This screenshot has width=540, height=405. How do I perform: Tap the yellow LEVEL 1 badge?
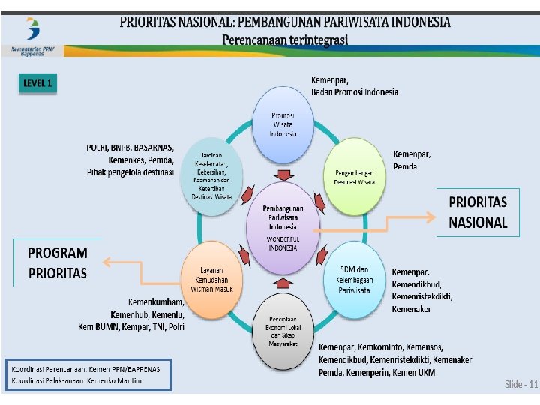point(37,83)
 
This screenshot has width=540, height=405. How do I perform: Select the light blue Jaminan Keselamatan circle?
point(213,175)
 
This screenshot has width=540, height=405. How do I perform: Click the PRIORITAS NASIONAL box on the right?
point(478,212)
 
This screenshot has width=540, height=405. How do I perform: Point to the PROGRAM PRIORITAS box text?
point(58,262)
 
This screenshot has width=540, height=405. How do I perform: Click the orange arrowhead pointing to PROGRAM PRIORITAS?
point(107,262)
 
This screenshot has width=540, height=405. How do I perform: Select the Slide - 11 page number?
point(520,385)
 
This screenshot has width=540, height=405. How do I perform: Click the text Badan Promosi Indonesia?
point(355,92)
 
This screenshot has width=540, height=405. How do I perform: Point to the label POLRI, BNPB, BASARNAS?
point(130,147)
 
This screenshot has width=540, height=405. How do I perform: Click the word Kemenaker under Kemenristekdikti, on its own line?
point(411,309)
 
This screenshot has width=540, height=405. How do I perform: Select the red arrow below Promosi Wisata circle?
point(283,175)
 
